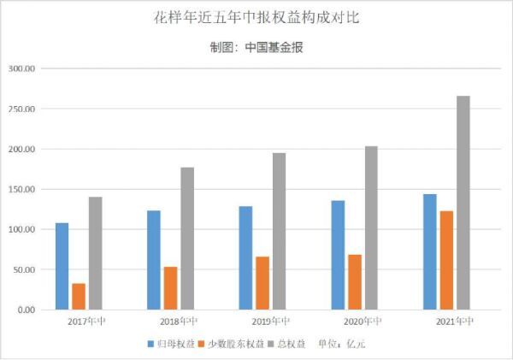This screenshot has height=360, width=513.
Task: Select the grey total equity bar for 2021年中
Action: point(463,203)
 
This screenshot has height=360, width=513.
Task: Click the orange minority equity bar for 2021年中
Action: point(446,260)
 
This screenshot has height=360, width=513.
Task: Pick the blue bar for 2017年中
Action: point(62,266)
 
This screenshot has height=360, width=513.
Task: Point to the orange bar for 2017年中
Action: point(79,296)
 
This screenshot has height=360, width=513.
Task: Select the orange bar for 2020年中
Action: point(355,281)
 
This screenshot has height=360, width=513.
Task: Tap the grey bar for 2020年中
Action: point(371,227)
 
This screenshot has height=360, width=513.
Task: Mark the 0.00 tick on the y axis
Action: point(26,310)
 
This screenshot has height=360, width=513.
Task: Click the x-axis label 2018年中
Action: point(179,322)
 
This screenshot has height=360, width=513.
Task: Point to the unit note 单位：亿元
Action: point(341,343)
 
